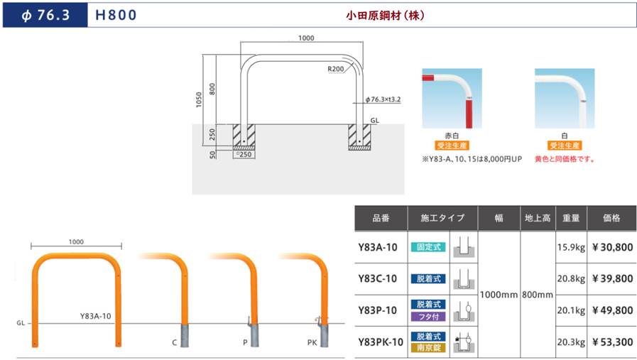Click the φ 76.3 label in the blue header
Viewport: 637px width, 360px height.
pyautogui.click(x=45, y=15)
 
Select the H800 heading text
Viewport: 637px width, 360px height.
pyautogui.click(x=116, y=15)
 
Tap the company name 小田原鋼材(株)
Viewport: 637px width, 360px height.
pyautogui.click(x=385, y=16)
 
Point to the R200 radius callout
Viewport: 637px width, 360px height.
pyautogui.click(x=336, y=69)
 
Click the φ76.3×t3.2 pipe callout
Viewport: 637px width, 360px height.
pyautogui.click(x=383, y=99)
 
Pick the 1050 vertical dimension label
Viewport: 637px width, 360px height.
pyautogui.click(x=199, y=99)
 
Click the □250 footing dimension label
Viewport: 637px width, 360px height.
pyautogui.click(x=244, y=154)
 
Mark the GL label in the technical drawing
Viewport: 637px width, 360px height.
pyautogui.click(x=374, y=120)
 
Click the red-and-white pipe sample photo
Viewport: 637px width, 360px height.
pyautogui.click(x=452, y=98)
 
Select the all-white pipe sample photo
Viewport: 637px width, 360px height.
pyautogui.click(x=565, y=98)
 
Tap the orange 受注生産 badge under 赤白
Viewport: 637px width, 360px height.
pyautogui.click(x=452, y=146)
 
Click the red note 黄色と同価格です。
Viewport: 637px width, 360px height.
pyautogui.click(x=565, y=159)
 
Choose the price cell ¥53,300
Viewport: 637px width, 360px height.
pyautogui.click(x=612, y=342)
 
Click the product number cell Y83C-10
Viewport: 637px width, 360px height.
pyautogui.click(x=377, y=279)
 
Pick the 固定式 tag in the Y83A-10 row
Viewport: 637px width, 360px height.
pyautogui.click(x=429, y=247)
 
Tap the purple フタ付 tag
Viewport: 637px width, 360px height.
pyautogui.click(x=429, y=317)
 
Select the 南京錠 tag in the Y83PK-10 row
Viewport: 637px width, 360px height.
pyautogui.click(x=429, y=348)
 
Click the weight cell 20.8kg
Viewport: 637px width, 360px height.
pyautogui.click(x=571, y=279)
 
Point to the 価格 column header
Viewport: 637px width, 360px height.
pyautogui.click(x=611, y=218)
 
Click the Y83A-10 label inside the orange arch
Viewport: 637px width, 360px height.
pyautogui.click(x=95, y=316)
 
